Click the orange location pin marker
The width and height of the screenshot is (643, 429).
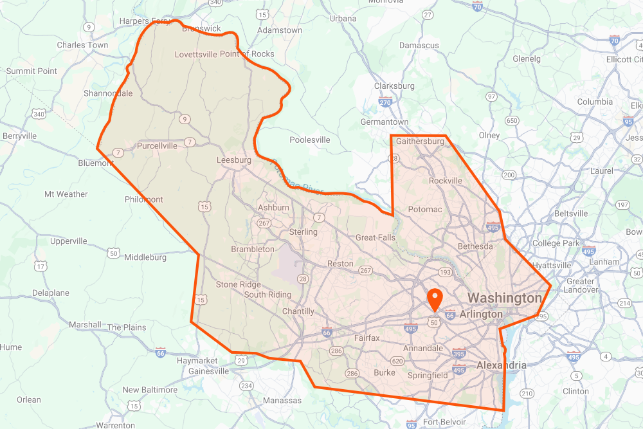[436, 300]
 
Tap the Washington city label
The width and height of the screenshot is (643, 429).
[504, 298]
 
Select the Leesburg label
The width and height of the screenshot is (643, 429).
[233, 160]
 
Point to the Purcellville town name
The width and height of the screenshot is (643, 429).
[157, 146]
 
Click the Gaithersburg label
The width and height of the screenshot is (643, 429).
[421, 141]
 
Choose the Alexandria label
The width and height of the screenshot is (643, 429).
[501, 365]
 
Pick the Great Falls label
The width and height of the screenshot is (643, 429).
[376, 237]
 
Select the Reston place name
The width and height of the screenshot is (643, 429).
[340, 264]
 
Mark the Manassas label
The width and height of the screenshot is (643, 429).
[282, 401]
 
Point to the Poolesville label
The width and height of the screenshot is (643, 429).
[310, 140]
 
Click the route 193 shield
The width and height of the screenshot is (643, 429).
[445, 273]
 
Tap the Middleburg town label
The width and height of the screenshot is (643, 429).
[145, 257]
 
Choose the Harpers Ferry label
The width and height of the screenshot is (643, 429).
[145, 21]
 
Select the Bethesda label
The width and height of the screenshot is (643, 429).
[475, 246]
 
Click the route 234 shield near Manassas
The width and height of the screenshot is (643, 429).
[246, 386]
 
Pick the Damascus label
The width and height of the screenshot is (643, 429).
[419, 46]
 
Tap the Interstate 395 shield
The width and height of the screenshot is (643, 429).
[459, 354]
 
